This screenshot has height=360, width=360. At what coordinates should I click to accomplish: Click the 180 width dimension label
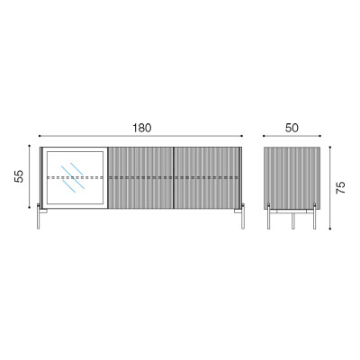[142, 128]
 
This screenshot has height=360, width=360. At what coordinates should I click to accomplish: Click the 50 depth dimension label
[292, 128]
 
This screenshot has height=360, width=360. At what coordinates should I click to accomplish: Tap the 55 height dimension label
[19, 176]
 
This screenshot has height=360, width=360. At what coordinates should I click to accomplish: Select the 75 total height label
[341, 187]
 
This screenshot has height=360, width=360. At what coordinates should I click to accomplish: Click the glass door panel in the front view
[76, 177]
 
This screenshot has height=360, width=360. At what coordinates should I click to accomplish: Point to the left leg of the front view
[39, 216]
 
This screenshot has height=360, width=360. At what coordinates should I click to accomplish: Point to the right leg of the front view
[243, 216]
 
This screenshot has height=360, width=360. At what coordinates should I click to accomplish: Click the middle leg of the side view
[292, 220]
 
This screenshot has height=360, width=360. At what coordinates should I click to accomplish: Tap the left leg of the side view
[269, 216]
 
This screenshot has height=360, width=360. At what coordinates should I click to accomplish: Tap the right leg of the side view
[315, 216]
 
